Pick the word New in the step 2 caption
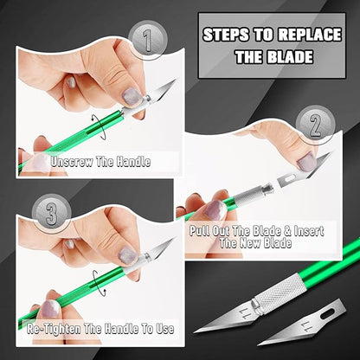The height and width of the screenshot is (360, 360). [x=274, y=244]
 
